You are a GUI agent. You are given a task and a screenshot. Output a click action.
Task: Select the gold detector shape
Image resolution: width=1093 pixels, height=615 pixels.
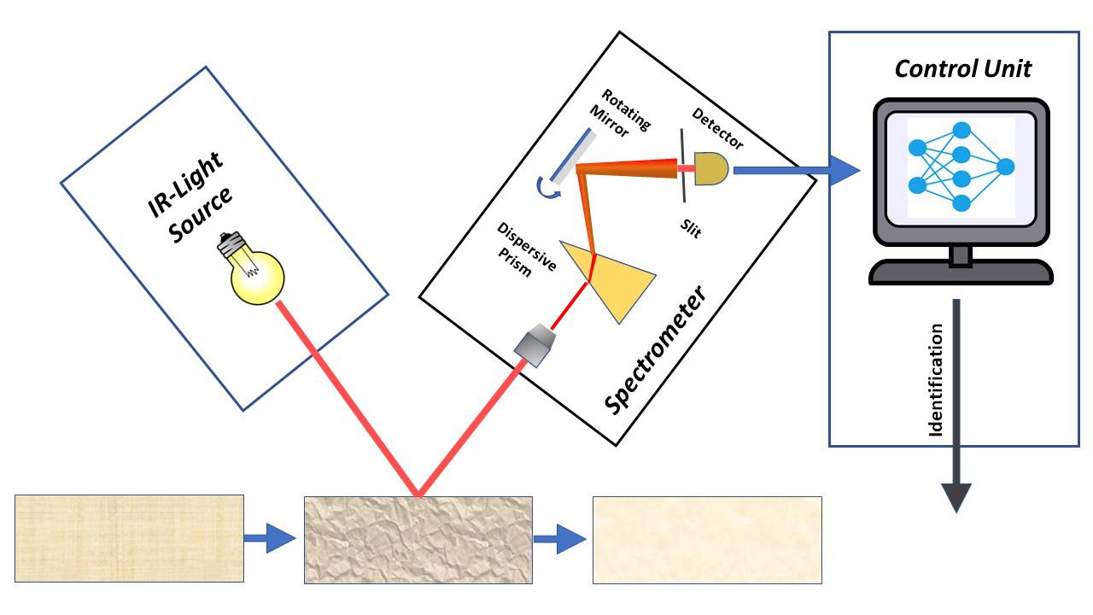(x=712, y=168)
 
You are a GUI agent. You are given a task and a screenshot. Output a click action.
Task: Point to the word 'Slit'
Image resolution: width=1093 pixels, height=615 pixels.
(x=689, y=229)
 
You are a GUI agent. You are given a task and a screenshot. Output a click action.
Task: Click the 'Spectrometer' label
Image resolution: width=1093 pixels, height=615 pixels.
(x=656, y=350)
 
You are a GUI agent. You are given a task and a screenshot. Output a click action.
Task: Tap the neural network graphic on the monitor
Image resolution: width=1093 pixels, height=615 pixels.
(x=961, y=167)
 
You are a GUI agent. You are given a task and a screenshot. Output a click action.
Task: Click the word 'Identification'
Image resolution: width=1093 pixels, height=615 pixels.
(x=936, y=380)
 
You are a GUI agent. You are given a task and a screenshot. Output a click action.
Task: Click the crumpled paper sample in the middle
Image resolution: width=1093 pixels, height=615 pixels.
(x=418, y=539)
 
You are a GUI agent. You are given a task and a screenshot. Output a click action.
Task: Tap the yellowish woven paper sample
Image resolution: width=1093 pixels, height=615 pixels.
(x=129, y=538)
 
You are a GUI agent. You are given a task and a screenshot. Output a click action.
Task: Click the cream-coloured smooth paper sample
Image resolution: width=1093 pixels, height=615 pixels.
(x=707, y=540)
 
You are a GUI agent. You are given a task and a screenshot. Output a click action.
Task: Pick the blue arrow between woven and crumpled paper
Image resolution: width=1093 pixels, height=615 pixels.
(x=270, y=539)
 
